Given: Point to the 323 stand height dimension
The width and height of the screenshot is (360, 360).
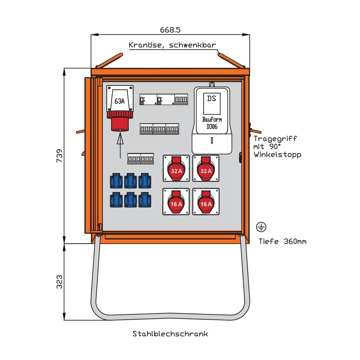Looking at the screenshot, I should (x=59, y=282).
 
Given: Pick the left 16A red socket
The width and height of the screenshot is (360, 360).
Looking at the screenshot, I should (x=176, y=202).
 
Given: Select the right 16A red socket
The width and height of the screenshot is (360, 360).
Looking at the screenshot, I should (x=206, y=202).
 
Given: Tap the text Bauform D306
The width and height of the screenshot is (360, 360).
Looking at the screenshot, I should (x=212, y=123).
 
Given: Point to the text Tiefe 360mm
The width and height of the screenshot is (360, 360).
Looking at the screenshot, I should (x=283, y=241).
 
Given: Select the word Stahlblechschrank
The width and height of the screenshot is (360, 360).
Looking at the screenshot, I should (x=170, y=334).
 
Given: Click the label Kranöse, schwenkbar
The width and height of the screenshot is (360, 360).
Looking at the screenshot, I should (x=172, y=45).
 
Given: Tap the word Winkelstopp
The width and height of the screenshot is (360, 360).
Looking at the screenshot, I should (x=277, y=154).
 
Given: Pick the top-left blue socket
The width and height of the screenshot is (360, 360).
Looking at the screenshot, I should (x=116, y=181).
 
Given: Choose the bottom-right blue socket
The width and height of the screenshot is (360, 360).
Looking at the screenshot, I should (x=144, y=199).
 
